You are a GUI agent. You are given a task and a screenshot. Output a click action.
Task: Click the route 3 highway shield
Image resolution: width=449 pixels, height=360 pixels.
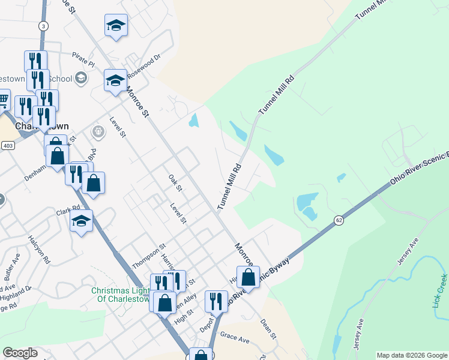pyautogui.click(x=43, y=26)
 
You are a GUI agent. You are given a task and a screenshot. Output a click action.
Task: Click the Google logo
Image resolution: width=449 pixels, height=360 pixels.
pyautogui.click(x=20, y=353)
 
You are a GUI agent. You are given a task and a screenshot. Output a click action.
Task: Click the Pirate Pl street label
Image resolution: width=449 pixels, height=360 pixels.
pyautogui.click(x=83, y=62)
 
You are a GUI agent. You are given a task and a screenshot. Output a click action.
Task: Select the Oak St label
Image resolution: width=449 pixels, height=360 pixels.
pyautogui.click(x=175, y=180)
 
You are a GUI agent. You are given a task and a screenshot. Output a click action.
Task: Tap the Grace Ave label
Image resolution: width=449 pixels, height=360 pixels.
pyautogui.click(x=235, y=339)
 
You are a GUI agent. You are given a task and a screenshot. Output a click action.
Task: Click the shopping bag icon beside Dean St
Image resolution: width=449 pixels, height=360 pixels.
pyautogui.click(x=248, y=277)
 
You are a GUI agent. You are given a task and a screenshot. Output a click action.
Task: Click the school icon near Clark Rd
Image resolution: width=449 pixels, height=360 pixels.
pyautogui.click(x=82, y=221)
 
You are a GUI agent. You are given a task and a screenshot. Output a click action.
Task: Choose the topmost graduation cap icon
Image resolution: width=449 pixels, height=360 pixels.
pyautogui.click(x=116, y=25)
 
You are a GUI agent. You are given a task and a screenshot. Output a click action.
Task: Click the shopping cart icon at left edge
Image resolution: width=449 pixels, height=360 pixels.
pyautogui.click(x=3, y=100)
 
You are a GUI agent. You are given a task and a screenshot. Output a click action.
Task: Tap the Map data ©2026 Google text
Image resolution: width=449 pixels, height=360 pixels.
pyautogui.click(x=412, y=355)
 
